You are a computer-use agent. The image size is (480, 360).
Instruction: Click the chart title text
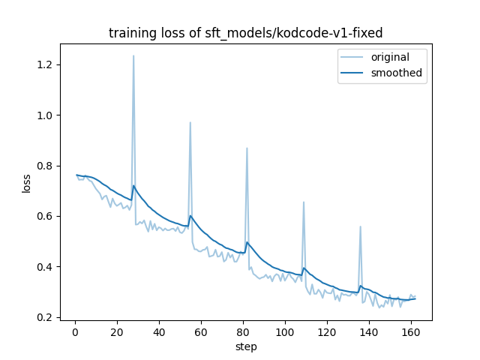click(245, 33)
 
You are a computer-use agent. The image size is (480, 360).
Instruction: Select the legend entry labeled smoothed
click(396, 73)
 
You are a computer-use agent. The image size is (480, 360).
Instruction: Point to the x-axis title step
click(246, 346)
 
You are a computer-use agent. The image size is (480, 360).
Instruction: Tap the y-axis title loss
click(27, 183)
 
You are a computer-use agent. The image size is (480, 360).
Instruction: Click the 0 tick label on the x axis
click(75, 332)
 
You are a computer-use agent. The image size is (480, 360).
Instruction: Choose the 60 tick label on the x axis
click(201, 332)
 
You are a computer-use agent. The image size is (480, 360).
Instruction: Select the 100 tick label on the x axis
click(285, 332)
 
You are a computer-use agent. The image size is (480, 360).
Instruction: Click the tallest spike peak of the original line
click(133, 55)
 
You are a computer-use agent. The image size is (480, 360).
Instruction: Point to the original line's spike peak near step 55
click(190, 122)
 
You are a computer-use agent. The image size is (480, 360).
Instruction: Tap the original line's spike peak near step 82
click(247, 148)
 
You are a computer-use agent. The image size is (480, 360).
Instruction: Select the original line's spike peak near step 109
click(304, 202)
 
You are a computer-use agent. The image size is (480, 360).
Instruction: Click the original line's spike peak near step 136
click(360, 226)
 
